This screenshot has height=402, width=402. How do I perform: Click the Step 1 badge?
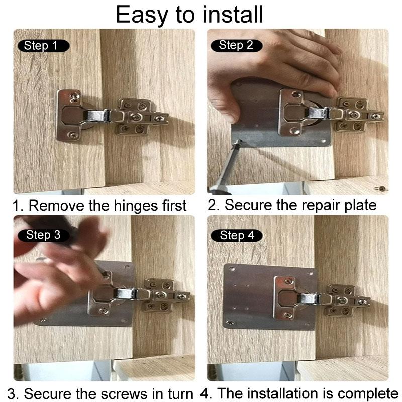44,46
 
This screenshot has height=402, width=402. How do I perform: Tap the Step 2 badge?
236,45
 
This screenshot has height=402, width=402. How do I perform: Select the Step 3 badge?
44,235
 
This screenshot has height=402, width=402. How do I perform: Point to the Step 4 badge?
236,236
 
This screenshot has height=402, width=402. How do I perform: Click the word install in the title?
233,15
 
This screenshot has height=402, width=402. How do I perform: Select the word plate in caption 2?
360,206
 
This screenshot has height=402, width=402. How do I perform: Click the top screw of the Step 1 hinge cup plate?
74,96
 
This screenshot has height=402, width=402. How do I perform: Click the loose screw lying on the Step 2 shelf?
382,189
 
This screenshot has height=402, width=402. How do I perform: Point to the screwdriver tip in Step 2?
238,142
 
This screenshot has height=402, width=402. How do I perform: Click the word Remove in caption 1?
56,206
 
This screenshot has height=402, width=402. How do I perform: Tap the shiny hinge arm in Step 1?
97,115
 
